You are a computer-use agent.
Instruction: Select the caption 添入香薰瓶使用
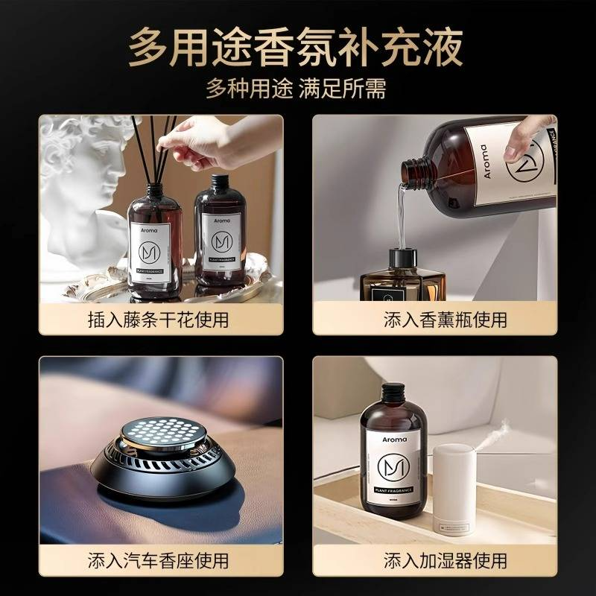[x=436, y=320]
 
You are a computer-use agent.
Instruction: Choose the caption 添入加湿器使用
[x=436, y=560]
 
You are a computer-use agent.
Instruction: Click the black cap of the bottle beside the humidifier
[x=392, y=394]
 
